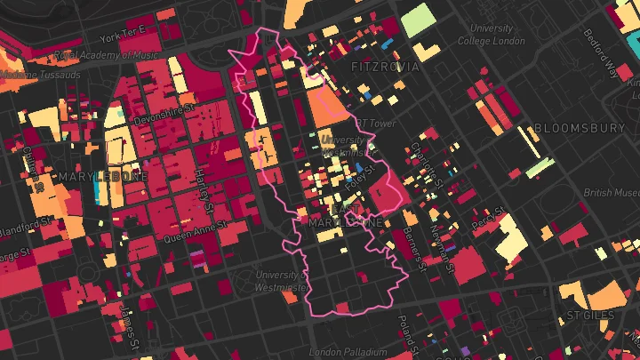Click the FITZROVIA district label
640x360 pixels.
click(388, 67)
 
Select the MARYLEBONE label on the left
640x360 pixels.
click(104, 176)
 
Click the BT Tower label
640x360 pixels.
click(374, 124)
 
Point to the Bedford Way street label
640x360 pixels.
click(602, 54)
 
